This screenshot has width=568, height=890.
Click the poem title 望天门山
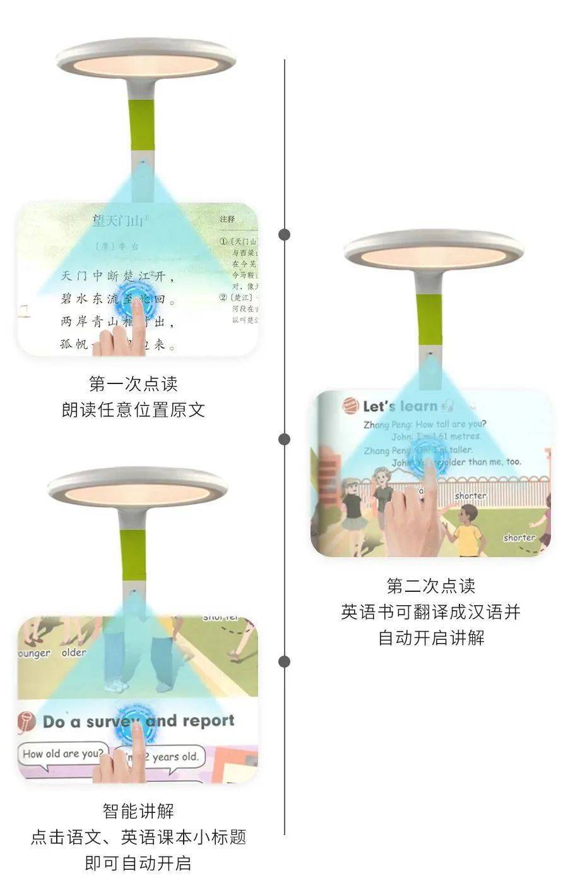pos(119,221)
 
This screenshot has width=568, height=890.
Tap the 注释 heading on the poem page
pos(227,219)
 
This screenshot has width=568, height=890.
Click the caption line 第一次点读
pos(133,383)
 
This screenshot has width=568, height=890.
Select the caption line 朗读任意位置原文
pos(133,409)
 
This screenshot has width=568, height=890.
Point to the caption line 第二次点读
pos(431,586)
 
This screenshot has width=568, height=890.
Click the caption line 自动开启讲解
pos(431,637)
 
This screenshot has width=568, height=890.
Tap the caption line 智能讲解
pos(138,810)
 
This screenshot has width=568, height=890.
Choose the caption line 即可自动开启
pos(138,862)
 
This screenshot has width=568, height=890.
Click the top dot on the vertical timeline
pos(285,234)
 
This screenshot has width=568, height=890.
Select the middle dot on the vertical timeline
pos(285,439)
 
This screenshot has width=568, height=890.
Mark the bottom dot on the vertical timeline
pos(285,661)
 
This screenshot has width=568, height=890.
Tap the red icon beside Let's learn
pos(350,406)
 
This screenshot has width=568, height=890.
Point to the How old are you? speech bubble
pos(62,754)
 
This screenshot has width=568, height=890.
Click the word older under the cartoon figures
pos(74,652)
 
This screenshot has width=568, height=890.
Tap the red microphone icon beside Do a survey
pos(26,721)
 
